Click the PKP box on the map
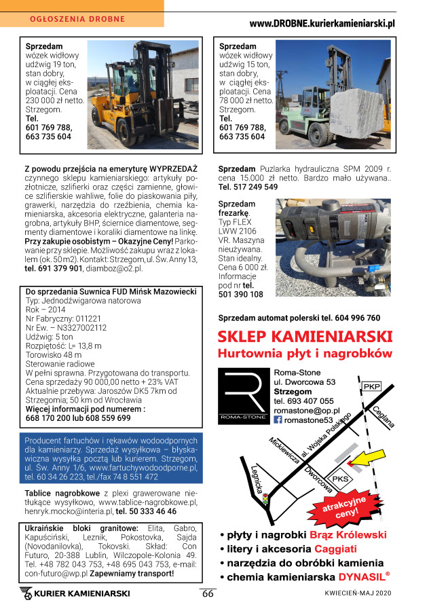(371, 386)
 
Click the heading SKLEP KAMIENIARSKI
(305, 337)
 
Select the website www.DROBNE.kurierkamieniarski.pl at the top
(322, 24)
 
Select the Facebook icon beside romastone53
(278, 420)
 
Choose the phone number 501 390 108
(241, 294)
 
